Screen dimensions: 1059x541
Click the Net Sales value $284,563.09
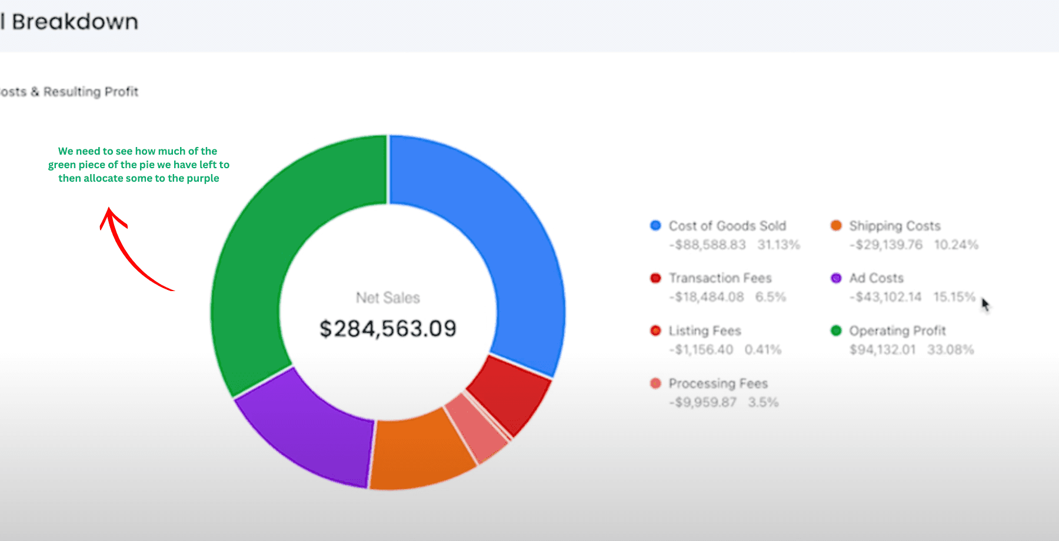(x=388, y=329)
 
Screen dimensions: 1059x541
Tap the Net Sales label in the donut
(x=388, y=298)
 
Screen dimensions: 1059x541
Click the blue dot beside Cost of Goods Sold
(x=655, y=226)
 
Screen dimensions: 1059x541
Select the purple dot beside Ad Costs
(x=836, y=278)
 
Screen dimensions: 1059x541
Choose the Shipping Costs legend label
(x=895, y=226)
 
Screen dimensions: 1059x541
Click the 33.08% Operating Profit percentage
(x=951, y=350)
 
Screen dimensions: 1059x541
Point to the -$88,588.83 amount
(x=707, y=245)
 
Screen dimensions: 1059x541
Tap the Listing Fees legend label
(x=705, y=331)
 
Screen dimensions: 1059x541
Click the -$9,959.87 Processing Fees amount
(x=702, y=402)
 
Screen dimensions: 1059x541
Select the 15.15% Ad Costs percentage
(x=954, y=297)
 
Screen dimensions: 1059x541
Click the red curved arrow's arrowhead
(x=112, y=218)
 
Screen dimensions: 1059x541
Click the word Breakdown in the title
(x=75, y=22)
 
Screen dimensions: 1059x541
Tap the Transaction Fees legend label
(x=720, y=278)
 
